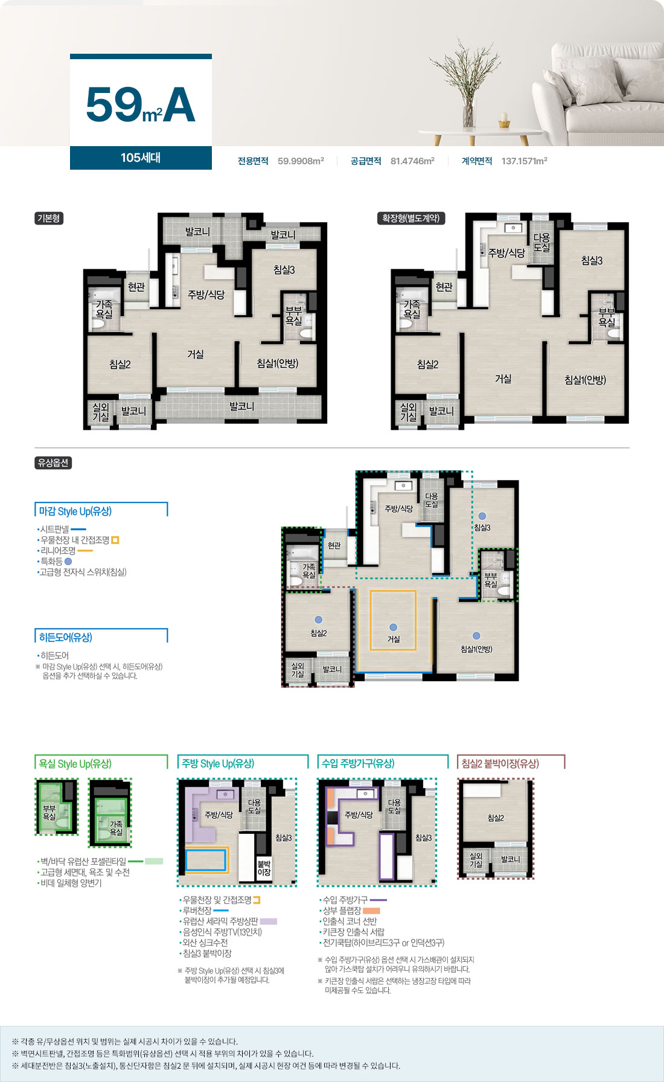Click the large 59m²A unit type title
point(141,104)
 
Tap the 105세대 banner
point(141,158)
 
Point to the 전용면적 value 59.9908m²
point(301,161)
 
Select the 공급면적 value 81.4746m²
point(412,161)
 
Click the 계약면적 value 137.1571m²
point(524,161)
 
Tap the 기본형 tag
point(49,218)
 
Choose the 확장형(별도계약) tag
point(411,218)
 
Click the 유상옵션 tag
point(53,463)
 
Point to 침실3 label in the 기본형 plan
point(284,270)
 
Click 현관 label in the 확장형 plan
point(444,287)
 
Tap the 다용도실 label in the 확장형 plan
point(541,242)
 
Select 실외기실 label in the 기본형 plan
point(100,412)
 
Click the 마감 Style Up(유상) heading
point(75,511)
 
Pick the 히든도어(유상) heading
point(65,638)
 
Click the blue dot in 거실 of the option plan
point(393,627)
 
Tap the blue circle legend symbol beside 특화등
point(68,562)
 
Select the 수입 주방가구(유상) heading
point(358,764)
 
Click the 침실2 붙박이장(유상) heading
point(500,764)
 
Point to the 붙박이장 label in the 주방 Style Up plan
point(264,868)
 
